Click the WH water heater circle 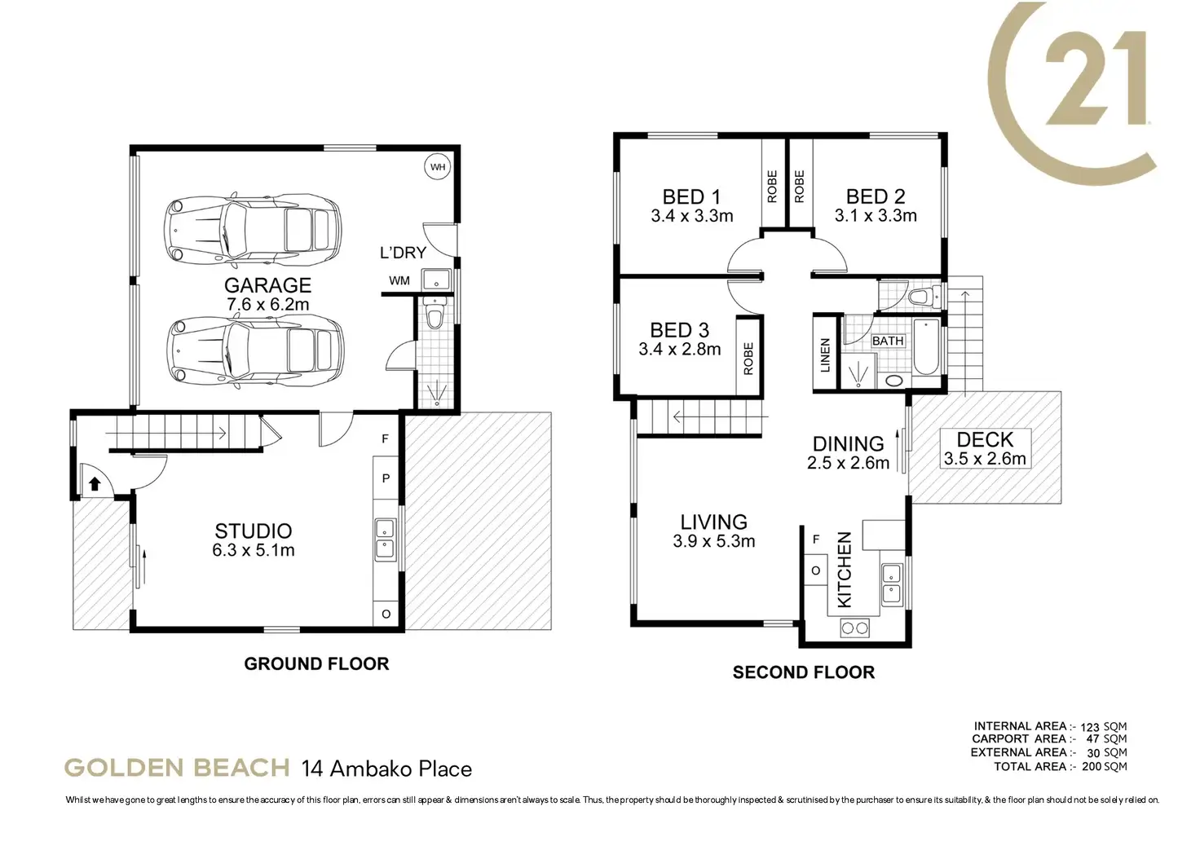point(438,167)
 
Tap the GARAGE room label point(268,285)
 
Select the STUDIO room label point(254,531)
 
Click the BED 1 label point(691,196)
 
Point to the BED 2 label point(876,196)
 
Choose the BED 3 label point(679,330)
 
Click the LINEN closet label point(825,355)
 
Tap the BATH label point(888,341)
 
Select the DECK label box point(985,449)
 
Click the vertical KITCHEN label point(844,570)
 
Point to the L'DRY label point(403,252)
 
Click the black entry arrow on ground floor point(95,483)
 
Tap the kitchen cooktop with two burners point(854,628)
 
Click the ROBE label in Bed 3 point(748,359)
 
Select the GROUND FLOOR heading point(316,664)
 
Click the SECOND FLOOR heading point(804,672)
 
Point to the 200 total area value point(1092,766)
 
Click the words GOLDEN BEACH point(177,769)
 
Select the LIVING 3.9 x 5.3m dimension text point(713,541)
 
